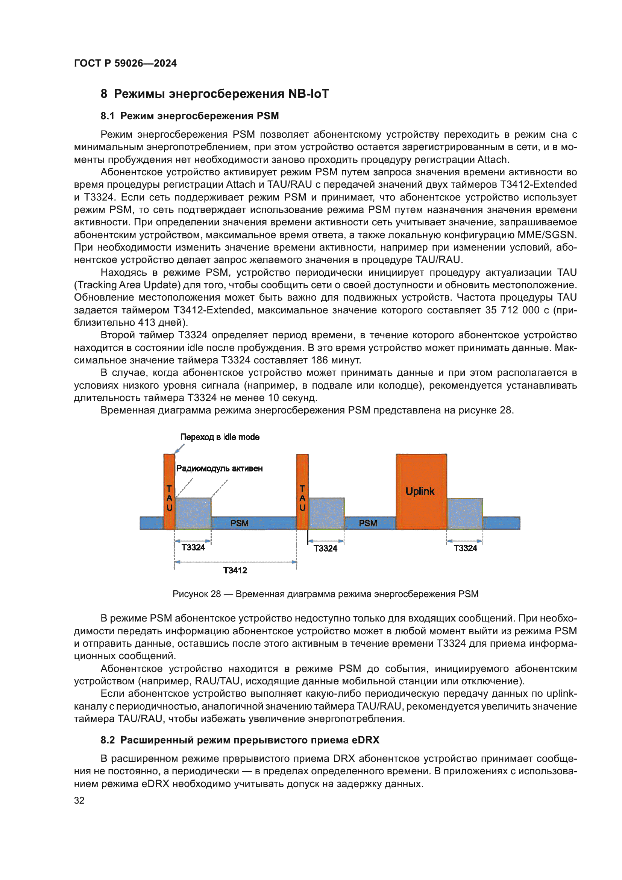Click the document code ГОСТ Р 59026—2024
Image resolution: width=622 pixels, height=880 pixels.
click(x=125, y=63)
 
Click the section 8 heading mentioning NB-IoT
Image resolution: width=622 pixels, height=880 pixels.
click(x=214, y=94)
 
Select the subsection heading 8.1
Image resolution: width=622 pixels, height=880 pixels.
click(x=190, y=116)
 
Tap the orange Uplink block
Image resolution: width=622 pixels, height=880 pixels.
click(x=421, y=491)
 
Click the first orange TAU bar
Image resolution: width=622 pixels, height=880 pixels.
click(x=169, y=491)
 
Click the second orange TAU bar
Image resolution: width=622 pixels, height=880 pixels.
click(x=302, y=491)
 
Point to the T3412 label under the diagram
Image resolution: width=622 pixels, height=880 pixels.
click(x=235, y=570)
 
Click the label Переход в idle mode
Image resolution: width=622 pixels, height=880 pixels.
click(x=220, y=437)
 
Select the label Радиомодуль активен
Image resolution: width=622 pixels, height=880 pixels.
click(x=219, y=468)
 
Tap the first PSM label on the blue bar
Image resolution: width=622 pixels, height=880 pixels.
click(x=240, y=523)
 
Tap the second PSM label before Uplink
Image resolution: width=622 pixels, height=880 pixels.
click(x=368, y=523)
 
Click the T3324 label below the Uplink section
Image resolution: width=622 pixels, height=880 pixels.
click(x=465, y=548)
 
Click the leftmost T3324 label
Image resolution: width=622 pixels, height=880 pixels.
click(x=193, y=547)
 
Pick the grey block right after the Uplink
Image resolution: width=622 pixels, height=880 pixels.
click(x=464, y=514)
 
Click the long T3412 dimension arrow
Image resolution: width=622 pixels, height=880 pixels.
click(x=235, y=562)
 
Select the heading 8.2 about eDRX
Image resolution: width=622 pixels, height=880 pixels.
click(x=240, y=740)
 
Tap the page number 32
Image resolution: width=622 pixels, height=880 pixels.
click(x=79, y=800)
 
